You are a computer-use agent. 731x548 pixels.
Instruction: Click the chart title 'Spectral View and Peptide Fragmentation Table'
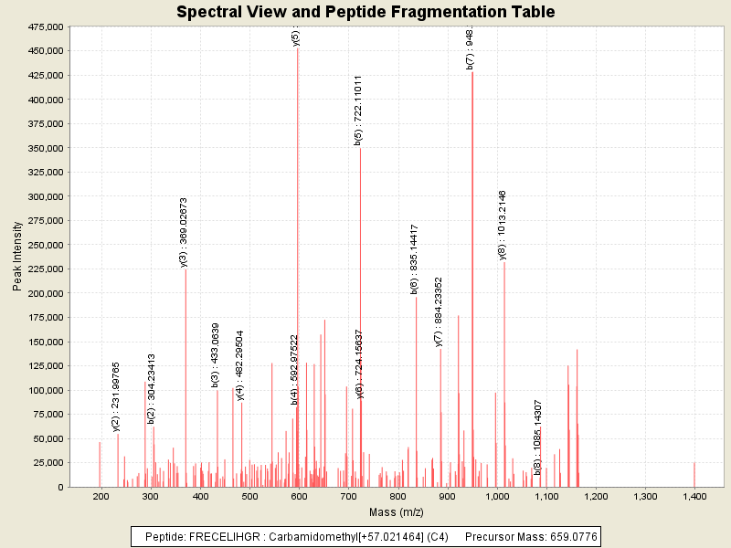(x=365, y=12)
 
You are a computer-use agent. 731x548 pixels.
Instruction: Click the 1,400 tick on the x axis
(x=694, y=496)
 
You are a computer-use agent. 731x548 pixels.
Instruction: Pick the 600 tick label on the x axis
(x=298, y=496)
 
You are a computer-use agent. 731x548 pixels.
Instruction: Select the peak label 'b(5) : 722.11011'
(x=358, y=110)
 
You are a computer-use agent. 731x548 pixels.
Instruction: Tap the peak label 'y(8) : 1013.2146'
(x=502, y=225)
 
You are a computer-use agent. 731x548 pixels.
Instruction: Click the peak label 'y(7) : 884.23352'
(x=439, y=311)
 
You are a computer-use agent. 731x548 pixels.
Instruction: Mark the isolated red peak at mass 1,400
(x=694, y=475)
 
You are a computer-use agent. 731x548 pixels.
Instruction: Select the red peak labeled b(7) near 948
(x=472, y=274)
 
